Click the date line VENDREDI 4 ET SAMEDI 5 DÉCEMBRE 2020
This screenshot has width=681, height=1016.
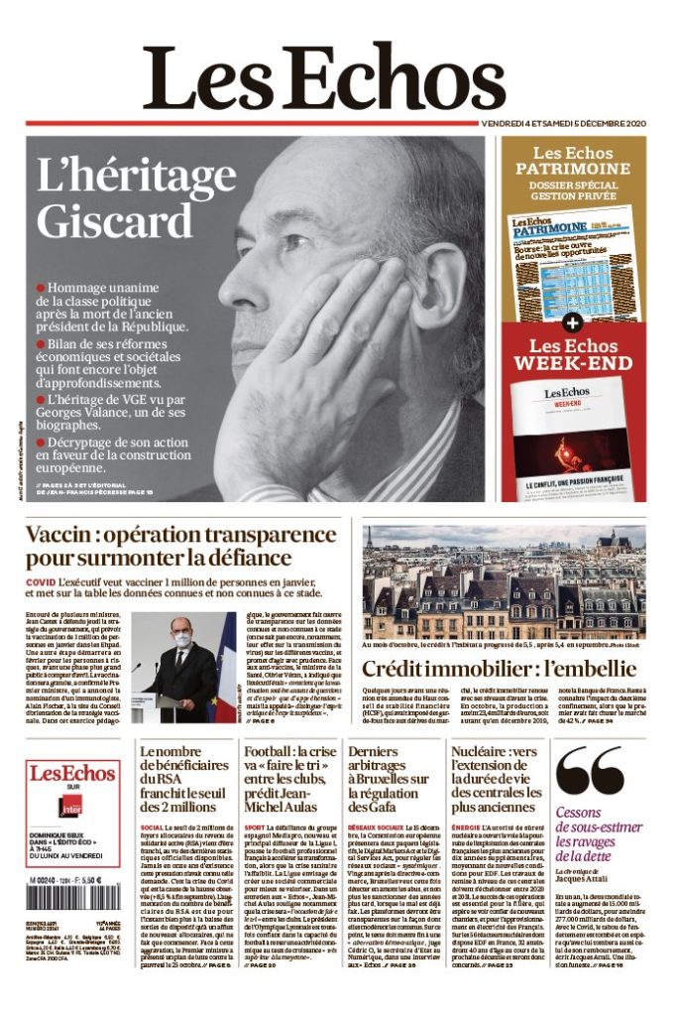point(563,123)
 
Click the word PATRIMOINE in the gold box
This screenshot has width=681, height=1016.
point(572,169)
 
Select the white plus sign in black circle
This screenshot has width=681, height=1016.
point(572,323)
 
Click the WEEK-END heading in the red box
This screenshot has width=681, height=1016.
point(572,363)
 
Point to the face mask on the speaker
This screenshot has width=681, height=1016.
point(181,640)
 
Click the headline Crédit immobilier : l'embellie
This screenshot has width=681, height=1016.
point(499,668)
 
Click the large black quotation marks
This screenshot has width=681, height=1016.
point(590,773)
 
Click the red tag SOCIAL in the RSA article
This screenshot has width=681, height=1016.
point(152,826)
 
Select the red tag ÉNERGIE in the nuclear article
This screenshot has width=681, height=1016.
point(466,826)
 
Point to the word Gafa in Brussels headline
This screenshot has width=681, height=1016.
point(370,807)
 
